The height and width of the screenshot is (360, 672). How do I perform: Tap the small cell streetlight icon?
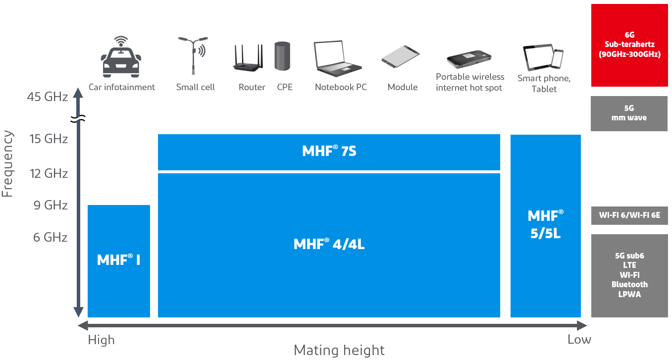(x=194, y=54)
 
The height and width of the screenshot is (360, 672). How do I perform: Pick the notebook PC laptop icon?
(x=337, y=58)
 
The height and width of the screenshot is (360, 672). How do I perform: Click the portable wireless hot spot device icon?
(x=469, y=58)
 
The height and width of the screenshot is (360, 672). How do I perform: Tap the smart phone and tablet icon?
(x=543, y=57)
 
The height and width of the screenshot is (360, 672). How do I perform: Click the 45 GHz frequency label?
(x=48, y=97)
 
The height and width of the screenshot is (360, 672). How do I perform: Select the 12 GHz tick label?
(x=49, y=174)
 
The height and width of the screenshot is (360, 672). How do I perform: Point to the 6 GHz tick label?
(x=50, y=238)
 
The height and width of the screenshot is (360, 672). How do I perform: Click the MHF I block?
(x=119, y=260)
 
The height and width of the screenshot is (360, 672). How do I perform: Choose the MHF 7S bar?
(x=329, y=152)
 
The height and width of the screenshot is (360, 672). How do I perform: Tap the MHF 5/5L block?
(x=545, y=225)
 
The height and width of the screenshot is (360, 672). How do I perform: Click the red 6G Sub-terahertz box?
(x=629, y=45)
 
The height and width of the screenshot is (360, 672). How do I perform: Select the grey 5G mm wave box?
(x=629, y=113)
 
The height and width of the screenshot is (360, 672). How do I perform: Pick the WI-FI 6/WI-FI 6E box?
(x=629, y=215)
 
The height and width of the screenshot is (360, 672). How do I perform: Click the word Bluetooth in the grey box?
(x=629, y=285)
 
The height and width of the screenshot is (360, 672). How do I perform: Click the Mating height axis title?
(x=339, y=351)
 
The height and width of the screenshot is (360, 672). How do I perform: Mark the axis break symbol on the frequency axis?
(x=78, y=119)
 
